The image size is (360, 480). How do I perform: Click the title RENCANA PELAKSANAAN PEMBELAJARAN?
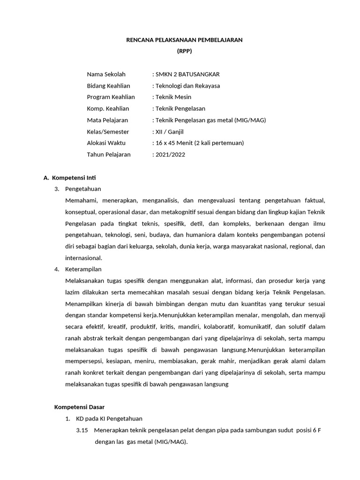184,40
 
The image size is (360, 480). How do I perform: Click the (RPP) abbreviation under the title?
184,52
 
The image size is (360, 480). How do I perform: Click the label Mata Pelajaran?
107,120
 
